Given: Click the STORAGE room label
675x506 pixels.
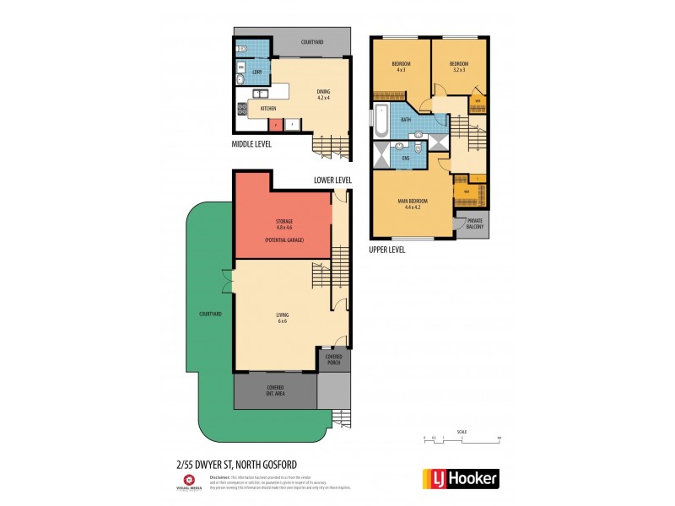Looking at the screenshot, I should point(283,221).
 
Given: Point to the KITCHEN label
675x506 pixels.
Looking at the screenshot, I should point(268,109).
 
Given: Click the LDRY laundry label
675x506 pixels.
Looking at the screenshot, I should point(256,72).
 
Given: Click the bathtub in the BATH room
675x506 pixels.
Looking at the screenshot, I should point(381,121).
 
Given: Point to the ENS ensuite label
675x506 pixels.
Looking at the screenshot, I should point(406,158).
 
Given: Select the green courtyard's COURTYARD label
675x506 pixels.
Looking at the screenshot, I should point(210,314).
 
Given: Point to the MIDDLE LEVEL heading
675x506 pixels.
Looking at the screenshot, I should point(257,144).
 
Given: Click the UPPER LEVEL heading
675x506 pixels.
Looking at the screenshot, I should point(387,250).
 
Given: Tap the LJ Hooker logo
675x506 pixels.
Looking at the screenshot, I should point(459,478).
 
